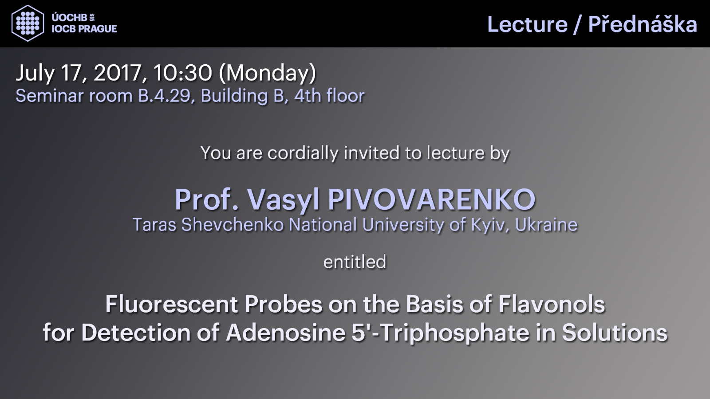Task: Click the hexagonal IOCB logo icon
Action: click(x=28, y=23)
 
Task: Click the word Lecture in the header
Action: click(x=528, y=24)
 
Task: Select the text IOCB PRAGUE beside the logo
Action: click(x=84, y=29)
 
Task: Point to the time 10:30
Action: click(x=182, y=73)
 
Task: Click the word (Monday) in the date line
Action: click(x=268, y=74)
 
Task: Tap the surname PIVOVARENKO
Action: click(x=431, y=199)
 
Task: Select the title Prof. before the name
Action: click(x=206, y=199)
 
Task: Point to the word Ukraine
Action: click(x=546, y=224)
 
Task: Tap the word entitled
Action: click(x=355, y=262)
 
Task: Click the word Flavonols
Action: click(x=552, y=304)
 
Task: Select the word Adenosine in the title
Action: click(x=286, y=332)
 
